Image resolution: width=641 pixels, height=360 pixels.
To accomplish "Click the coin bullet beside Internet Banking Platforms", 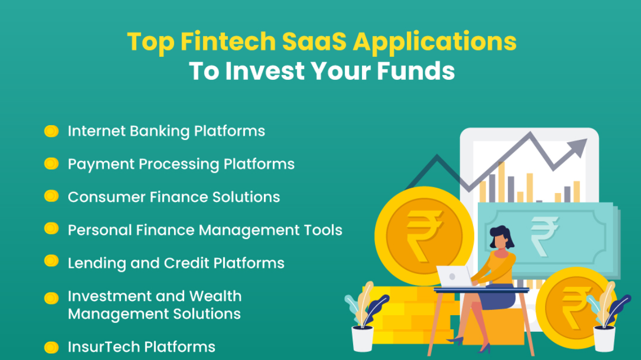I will (x=51, y=131).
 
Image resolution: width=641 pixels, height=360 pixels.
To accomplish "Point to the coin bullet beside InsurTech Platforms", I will (x=51, y=347).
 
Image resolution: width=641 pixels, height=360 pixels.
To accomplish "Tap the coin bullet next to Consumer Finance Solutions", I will (x=51, y=197).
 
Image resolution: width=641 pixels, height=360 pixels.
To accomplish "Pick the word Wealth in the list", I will (x=215, y=296).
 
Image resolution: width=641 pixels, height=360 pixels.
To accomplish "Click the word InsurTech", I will (x=103, y=347).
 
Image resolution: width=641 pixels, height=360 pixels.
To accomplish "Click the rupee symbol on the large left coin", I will (x=424, y=230).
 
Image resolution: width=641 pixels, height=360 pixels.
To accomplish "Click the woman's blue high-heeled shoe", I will (x=457, y=340).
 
